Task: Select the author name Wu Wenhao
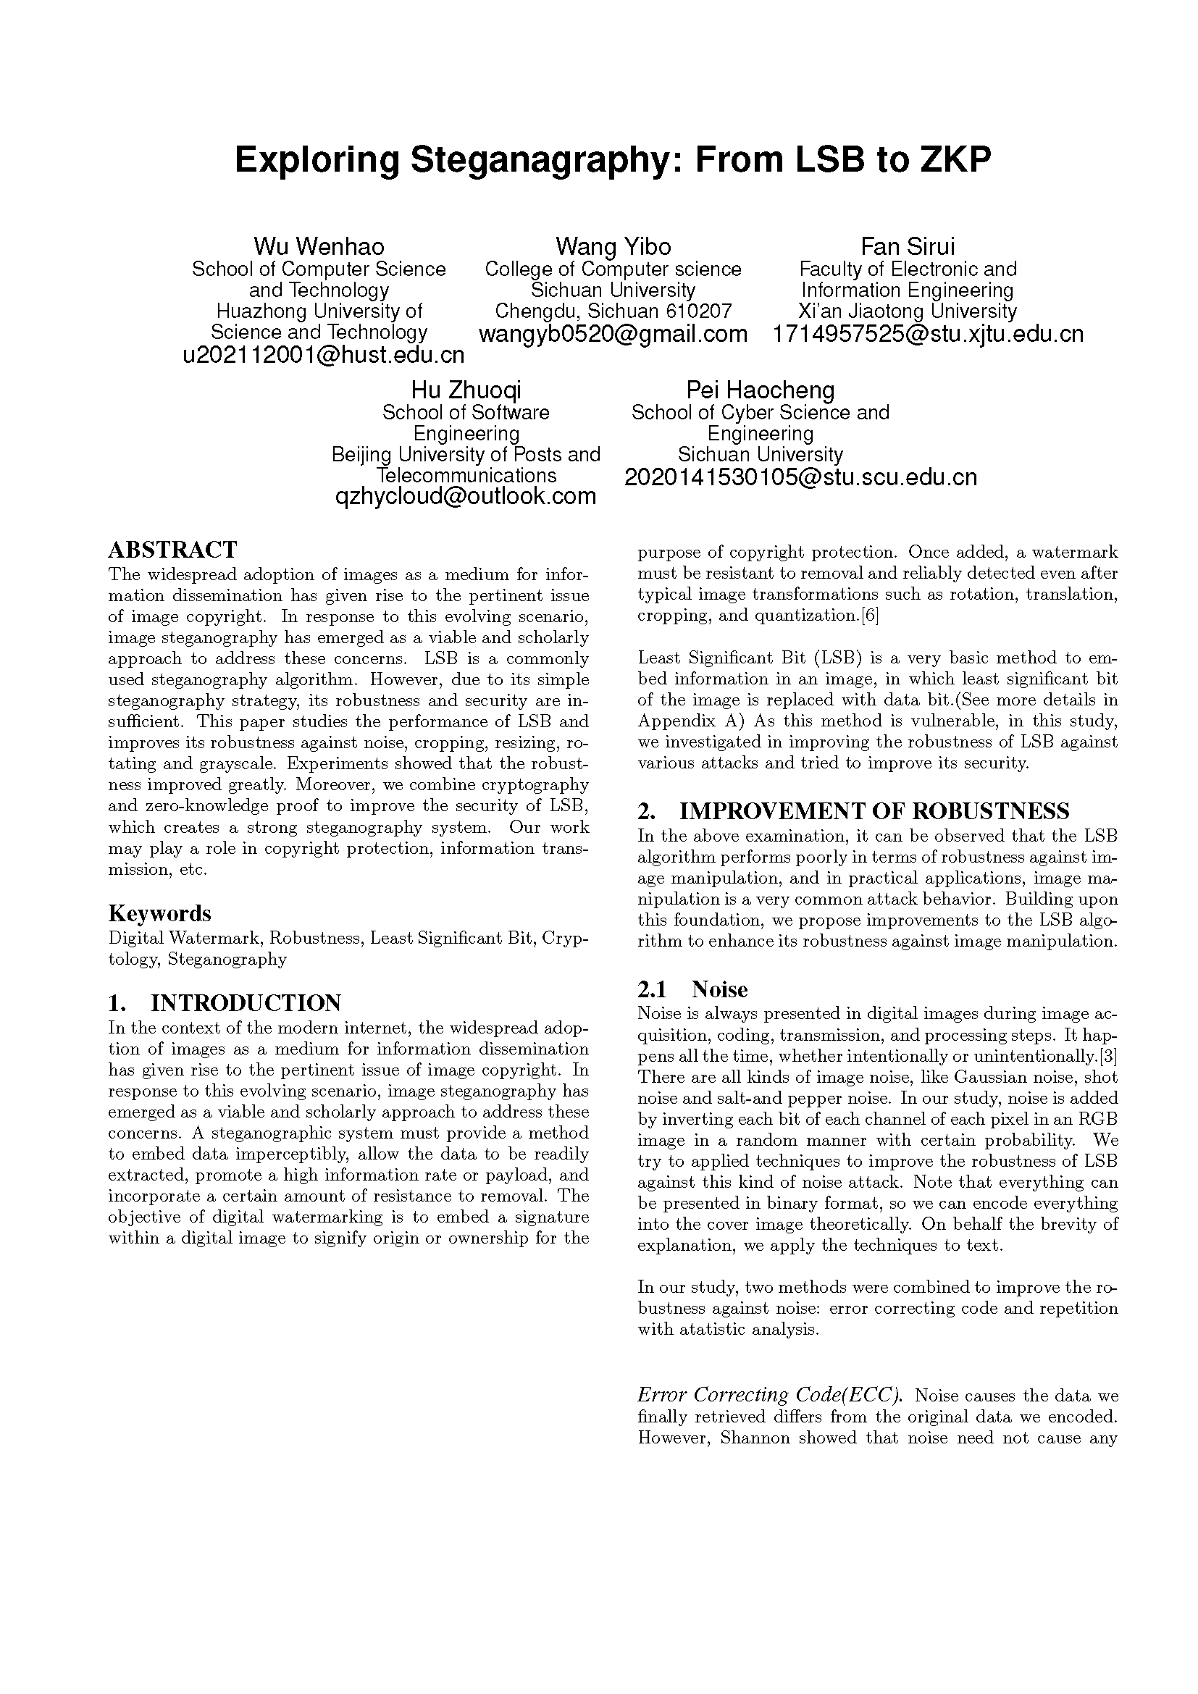[x=319, y=246]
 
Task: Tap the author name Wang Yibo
[x=613, y=246]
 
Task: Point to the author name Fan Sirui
[x=908, y=246]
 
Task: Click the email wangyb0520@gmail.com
[x=613, y=333]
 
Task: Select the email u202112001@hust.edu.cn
[x=323, y=355]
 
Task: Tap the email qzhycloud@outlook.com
[x=466, y=497]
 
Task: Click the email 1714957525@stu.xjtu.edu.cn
[x=928, y=333]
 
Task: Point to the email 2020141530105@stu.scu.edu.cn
[x=800, y=477]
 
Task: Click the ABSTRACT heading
[x=172, y=550]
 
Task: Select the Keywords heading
[x=159, y=913]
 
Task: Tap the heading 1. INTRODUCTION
[x=225, y=1003]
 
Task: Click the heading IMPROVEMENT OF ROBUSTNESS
[x=874, y=812]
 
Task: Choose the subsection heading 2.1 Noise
[x=692, y=989]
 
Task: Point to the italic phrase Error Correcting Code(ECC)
[x=771, y=1394]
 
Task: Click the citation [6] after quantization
[x=869, y=616]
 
